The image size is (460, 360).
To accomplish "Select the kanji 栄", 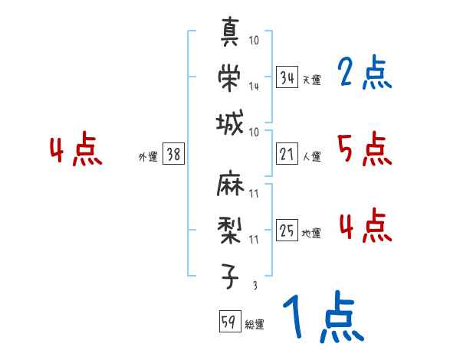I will (x=231, y=76).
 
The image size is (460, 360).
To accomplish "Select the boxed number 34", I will (x=287, y=78).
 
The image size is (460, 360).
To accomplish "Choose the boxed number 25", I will (x=287, y=231).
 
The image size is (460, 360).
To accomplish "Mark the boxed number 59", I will (x=229, y=322).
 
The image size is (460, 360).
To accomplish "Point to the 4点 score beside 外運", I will (x=74, y=152).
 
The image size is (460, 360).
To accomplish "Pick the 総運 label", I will (x=255, y=325).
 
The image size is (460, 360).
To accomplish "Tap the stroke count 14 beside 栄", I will (x=254, y=87).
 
